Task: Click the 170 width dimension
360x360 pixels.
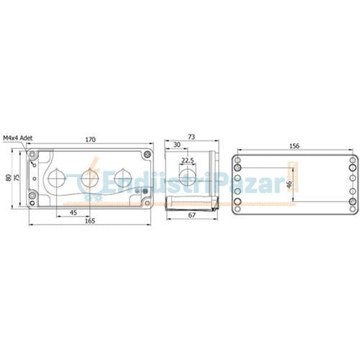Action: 91,139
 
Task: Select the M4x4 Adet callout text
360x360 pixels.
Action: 18,136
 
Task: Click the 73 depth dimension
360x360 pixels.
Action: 191,136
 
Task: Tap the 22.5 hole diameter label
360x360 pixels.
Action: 187,160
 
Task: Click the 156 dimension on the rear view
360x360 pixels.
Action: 294,145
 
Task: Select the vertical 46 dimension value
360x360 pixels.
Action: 289,184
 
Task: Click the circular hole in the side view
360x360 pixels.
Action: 187,177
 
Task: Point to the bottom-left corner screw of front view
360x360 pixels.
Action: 32,197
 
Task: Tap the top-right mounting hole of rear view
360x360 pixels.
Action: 352,161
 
